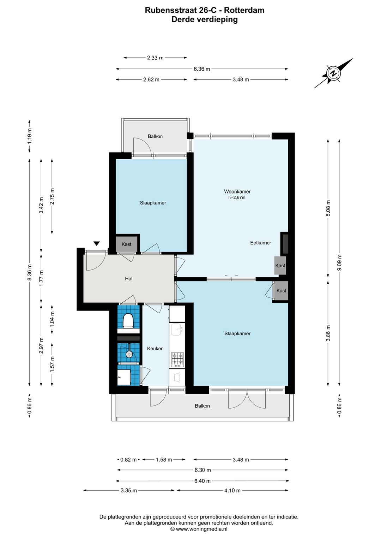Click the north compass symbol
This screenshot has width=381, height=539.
point(333,73)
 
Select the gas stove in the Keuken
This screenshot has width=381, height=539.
point(177,360)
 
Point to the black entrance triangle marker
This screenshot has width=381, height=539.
point(97,243)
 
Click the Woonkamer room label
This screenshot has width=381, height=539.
point(237,191)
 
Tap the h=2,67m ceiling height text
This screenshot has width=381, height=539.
point(237,197)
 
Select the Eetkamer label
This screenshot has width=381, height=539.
point(261,243)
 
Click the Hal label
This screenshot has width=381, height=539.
point(129,279)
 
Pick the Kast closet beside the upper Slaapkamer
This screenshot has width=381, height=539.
point(126,244)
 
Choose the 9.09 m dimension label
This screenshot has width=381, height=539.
point(339,262)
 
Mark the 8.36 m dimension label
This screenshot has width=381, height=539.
point(29,272)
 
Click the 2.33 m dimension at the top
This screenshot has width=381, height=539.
point(155,58)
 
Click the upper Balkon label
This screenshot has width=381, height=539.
point(155,136)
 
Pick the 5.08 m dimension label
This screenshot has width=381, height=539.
point(328,208)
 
